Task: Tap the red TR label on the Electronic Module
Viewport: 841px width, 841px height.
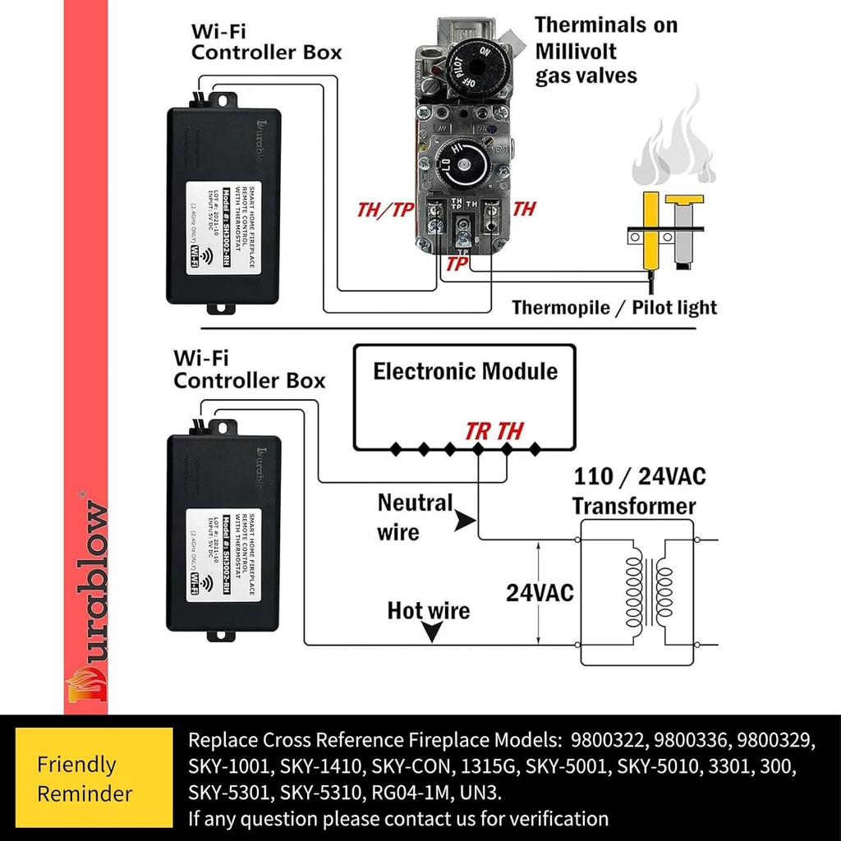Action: point(478,430)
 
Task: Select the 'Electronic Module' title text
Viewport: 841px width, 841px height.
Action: point(465,371)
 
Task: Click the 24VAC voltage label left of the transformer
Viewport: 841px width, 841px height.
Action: point(540,593)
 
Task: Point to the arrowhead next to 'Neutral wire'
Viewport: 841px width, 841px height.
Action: point(466,520)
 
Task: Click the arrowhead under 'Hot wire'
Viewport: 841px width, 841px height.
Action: point(430,632)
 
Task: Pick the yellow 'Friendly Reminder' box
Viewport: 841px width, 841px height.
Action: point(85,779)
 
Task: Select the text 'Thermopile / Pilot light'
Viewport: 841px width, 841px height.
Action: point(614,308)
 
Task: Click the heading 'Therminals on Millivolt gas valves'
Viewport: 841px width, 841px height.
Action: point(606,50)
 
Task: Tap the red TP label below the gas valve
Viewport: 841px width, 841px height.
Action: point(457,264)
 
